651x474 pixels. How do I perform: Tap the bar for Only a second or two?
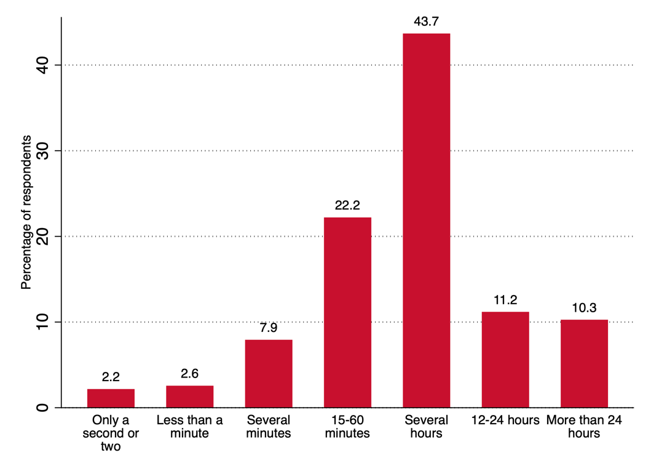[111, 398]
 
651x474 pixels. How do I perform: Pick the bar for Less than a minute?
[189, 397]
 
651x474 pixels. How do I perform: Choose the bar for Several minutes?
[269, 373]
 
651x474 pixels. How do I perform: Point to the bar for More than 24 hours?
[584, 363]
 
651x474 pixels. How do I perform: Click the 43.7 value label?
[426, 22]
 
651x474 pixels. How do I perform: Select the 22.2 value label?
[347, 205]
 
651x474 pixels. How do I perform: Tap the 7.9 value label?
[269, 328]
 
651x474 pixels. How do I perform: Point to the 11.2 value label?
[505, 300]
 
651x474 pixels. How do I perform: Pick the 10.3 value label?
[584, 307]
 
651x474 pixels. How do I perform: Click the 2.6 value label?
[189, 373]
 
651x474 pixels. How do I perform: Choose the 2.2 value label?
[111, 377]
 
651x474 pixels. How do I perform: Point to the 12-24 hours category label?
[505, 421]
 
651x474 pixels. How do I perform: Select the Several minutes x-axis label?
[269, 427]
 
